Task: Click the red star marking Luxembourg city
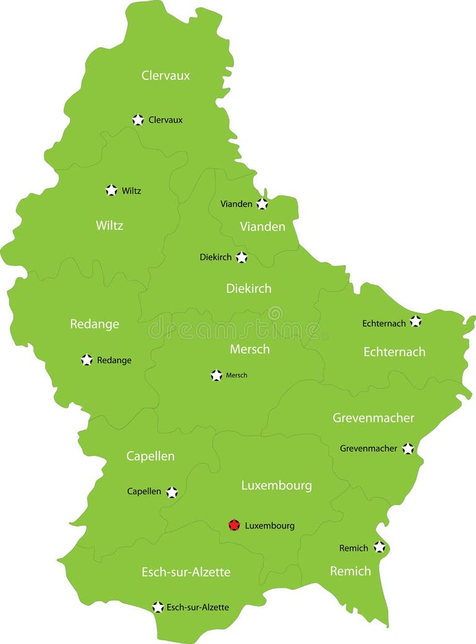point(234,525)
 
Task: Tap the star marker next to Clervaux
point(138,120)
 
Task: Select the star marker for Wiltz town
point(111,190)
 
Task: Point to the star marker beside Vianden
point(262,203)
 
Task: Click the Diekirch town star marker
point(241,257)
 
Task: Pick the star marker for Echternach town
point(415,321)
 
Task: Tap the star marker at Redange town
point(87,360)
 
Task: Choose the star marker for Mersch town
point(216,375)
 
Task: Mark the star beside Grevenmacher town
point(407,448)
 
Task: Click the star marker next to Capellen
point(172,492)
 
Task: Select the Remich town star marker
point(379,547)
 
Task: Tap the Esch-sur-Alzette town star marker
point(158,607)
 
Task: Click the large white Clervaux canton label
point(165,76)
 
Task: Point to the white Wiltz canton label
point(109,225)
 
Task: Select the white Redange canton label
point(94,324)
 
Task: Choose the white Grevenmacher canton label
point(373,418)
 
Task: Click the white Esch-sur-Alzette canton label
point(186,572)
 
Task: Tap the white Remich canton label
point(350,571)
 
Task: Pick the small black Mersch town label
point(236,375)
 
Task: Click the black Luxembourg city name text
point(270,525)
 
